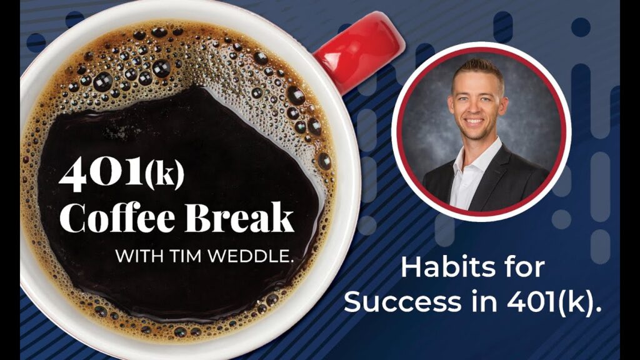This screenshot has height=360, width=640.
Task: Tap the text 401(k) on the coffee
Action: point(122,174)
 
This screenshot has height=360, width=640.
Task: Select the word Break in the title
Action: point(239,217)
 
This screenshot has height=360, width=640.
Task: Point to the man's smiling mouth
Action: point(475,122)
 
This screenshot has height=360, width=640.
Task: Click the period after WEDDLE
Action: point(291,262)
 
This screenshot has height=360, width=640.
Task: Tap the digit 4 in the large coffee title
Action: point(73,176)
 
